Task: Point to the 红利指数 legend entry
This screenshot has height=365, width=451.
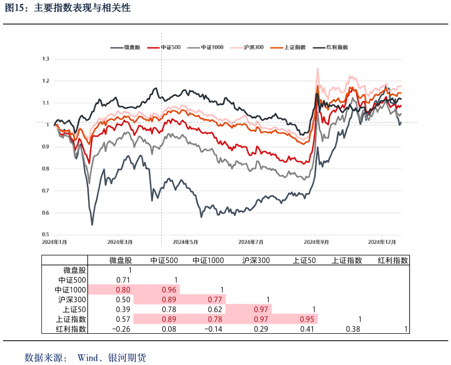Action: (x=337, y=47)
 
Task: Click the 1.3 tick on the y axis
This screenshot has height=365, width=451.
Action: (x=46, y=59)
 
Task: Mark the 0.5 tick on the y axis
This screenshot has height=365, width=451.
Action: (x=46, y=235)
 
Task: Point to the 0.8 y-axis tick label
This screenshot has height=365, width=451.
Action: (x=46, y=169)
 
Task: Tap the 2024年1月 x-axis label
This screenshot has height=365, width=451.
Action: (x=54, y=242)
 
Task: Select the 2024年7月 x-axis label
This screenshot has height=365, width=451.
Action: (x=251, y=242)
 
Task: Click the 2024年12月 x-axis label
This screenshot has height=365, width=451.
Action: (x=381, y=242)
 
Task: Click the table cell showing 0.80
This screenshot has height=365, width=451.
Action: (x=123, y=290)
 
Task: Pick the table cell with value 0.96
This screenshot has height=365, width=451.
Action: (x=169, y=290)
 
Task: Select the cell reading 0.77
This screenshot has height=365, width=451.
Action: (x=215, y=299)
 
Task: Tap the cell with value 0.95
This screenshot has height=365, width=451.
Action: (x=307, y=319)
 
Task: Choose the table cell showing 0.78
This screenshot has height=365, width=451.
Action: (x=215, y=319)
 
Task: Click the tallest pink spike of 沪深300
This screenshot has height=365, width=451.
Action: (x=318, y=69)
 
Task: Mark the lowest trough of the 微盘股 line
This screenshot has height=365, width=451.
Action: (x=92, y=224)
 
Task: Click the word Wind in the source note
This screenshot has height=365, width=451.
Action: (x=88, y=357)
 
